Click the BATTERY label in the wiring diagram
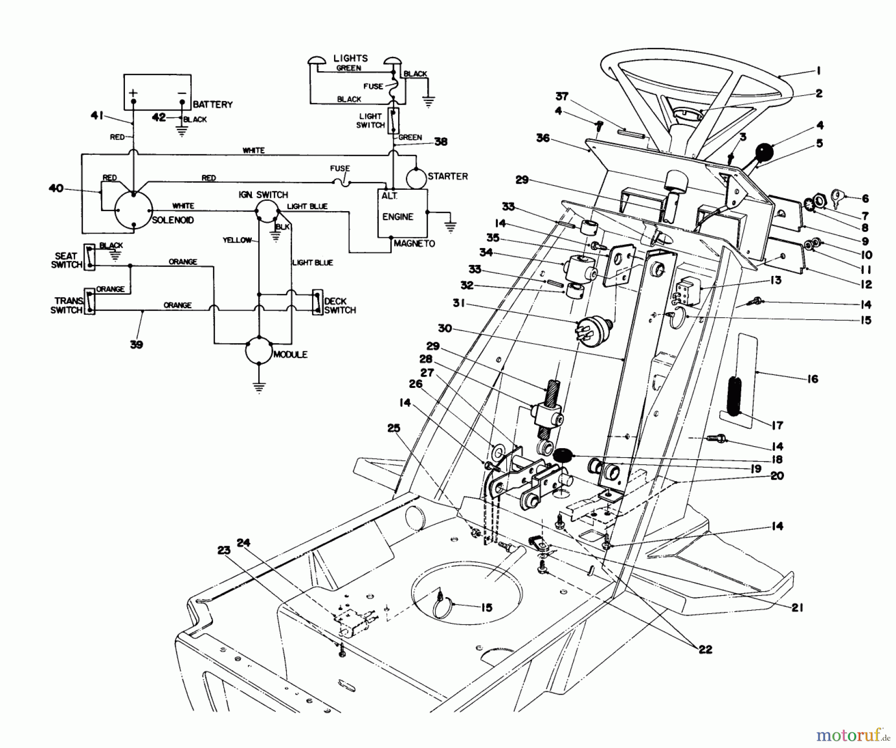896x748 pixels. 213,105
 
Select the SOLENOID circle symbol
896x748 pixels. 133,210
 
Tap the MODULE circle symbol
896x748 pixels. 259,351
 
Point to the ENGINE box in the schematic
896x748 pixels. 402,213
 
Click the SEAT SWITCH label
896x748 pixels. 66,260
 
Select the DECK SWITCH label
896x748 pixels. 339,306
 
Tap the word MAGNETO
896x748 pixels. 414,244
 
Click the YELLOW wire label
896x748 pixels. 237,240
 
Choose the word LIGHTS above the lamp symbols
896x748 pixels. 350,58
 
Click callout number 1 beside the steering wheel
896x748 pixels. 818,71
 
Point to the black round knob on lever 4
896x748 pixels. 765,151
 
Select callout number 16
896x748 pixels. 812,379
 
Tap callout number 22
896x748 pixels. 705,649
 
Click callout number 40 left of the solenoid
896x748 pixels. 56,188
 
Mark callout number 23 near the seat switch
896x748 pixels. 224,550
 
